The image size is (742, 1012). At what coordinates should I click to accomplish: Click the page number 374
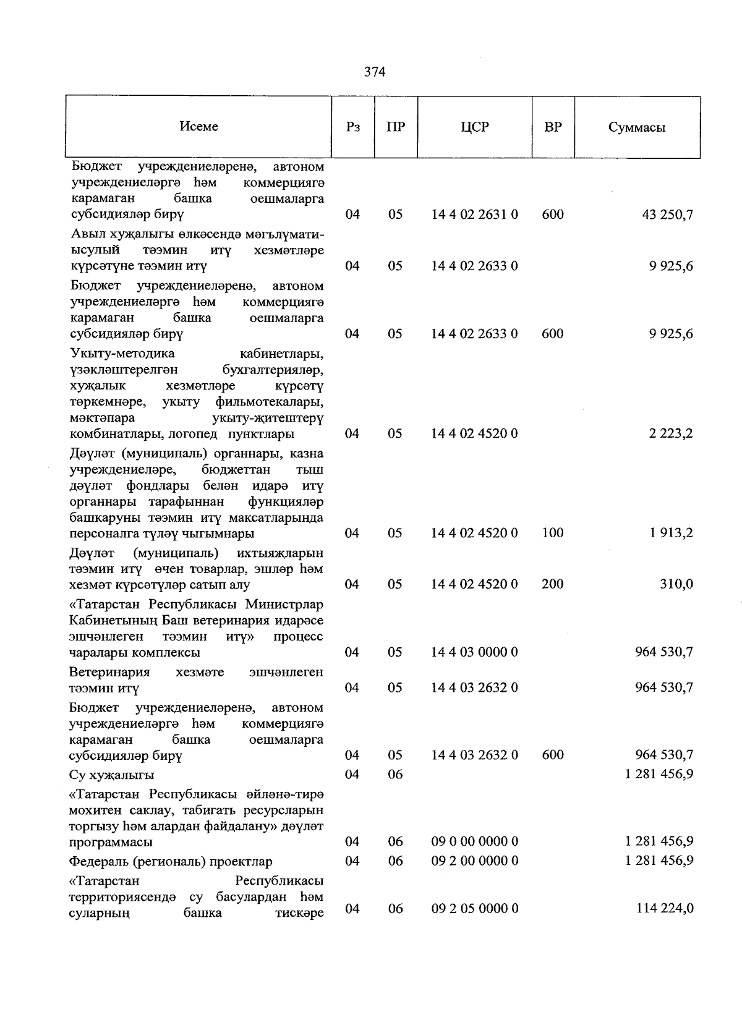click(375, 72)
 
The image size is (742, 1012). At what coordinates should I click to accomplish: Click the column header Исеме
click(198, 126)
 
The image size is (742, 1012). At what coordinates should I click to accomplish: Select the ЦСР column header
click(474, 127)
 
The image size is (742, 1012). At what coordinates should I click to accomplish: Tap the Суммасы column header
click(636, 128)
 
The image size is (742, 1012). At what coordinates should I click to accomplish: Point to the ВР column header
click(553, 127)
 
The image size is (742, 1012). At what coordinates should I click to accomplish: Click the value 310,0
click(675, 584)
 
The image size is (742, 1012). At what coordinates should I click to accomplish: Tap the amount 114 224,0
click(664, 908)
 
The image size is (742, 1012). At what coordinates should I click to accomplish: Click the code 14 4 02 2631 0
click(474, 215)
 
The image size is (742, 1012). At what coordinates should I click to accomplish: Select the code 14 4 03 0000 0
click(474, 652)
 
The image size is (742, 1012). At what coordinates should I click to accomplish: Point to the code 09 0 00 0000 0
click(474, 841)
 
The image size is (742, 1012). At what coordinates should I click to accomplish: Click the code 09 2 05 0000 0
click(474, 908)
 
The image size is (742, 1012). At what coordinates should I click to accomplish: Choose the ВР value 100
click(552, 533)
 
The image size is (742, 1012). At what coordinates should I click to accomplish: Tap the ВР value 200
click(552, 584)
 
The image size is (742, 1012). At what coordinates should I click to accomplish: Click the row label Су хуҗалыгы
click(112, 775)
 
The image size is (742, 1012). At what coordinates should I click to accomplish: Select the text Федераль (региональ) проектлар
click(171, 861)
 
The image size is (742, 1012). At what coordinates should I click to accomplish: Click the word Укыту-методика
click(122, 354)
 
